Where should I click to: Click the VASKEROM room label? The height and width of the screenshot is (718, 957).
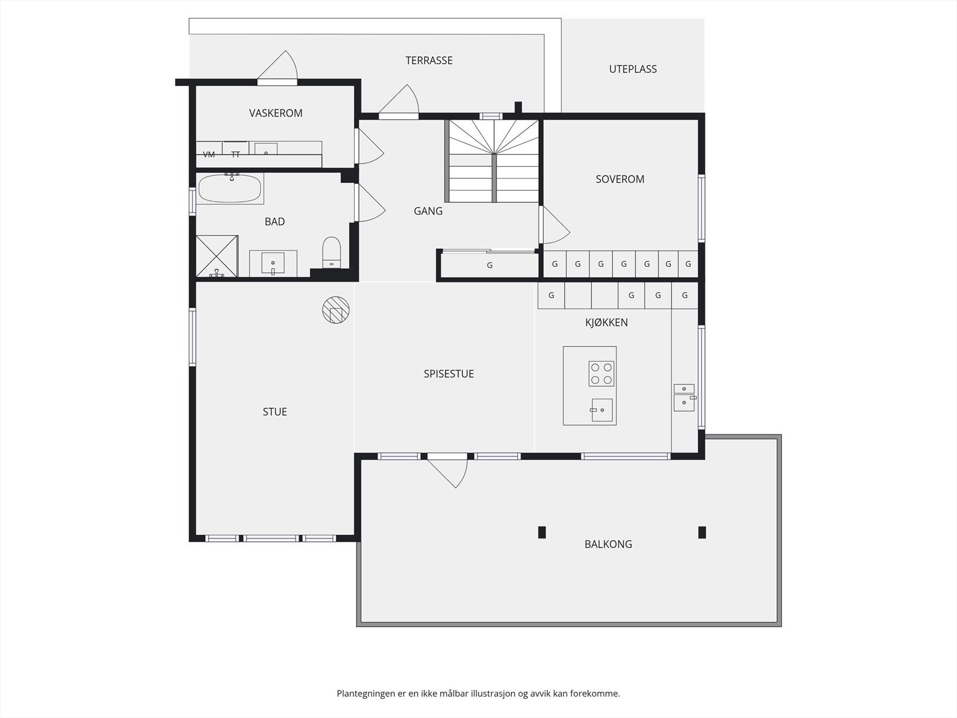point(276,113)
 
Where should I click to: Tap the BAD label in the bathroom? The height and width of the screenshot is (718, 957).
point(275,221)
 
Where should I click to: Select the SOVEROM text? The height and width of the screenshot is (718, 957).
point(620,179)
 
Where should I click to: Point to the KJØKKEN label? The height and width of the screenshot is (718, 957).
point(606,322)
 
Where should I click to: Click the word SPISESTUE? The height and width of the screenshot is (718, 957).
point(449,373)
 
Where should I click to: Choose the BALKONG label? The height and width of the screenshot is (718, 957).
point(608,544)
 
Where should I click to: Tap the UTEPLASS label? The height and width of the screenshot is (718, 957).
point(633,69)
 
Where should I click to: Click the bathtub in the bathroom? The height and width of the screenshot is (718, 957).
point(230,188)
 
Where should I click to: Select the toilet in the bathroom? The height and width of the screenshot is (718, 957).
point(331,252)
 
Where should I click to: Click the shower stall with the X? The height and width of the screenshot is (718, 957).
point(217,256)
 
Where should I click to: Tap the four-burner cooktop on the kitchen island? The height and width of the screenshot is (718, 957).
point(601,373)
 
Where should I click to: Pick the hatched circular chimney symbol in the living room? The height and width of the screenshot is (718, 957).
point(336,310)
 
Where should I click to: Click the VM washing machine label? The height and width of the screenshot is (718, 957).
point(209,154)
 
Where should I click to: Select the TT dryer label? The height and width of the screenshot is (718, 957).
point(236,154)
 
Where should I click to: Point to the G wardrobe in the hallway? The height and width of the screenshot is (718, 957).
point(490,265)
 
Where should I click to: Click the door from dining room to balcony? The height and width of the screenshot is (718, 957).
point(447,470)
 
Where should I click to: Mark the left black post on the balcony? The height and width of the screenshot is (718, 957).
point(542,533)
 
